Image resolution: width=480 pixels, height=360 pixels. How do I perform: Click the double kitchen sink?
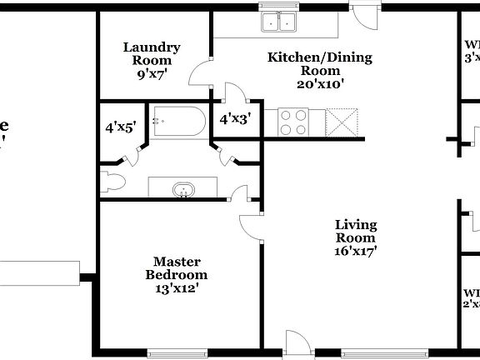pyautogui.click(x=280, y=22)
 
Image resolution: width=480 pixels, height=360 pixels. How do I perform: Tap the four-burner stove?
pyautogui.click(x=294, y=122)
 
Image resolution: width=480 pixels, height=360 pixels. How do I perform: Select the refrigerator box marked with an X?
pyautogui.click(x=343, y=122)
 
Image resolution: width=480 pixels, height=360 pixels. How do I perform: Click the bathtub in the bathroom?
pyautogui.click(x=178, y=122)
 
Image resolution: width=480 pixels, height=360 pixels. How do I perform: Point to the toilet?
pyautogui.click(x=112, y=178)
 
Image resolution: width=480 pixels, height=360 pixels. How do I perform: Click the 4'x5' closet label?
pyautogui.click(x=120, y=127)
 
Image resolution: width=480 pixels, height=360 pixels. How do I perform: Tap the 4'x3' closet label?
pyautogui.click(x=235, y=119)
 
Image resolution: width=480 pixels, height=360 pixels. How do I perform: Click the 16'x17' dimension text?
pyautogui.click(x=356, y=251)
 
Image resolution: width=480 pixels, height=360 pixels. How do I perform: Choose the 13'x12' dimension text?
pyautogui.click(x=177, y=288)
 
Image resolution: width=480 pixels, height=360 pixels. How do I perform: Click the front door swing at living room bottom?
pyautogui.click(x=296, y=342)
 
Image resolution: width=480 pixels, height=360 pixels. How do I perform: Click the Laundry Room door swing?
pyautogui.click(x=200, y=75)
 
